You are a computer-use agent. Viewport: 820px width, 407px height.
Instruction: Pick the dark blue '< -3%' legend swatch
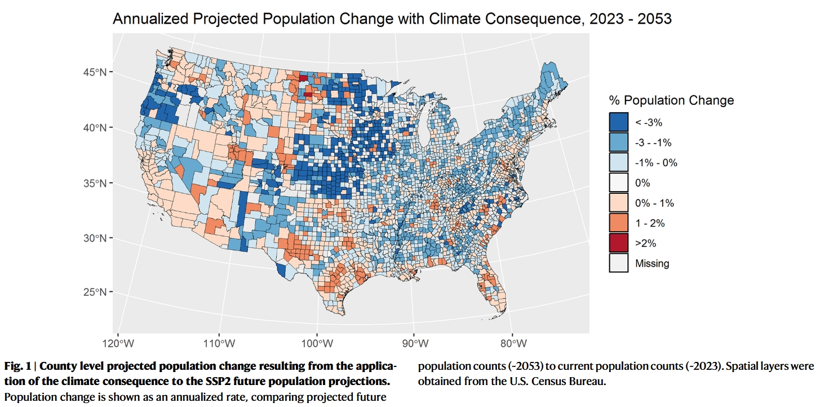pyautogui.click(x=618, y=122)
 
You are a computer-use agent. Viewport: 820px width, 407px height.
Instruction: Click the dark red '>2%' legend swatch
pyautogui.click(x=618, y=243)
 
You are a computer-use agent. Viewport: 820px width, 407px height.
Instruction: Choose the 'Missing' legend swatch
pyautogui.click(x=618, y=263)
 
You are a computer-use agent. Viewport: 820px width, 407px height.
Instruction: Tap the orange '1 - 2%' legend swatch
pyautogui.click(x=618, y=223)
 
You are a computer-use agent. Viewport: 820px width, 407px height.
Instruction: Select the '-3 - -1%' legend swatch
pyautogui.click(x=618, y=143)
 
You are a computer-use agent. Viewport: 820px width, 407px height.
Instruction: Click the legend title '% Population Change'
pyautogui.click(x=671, y=101)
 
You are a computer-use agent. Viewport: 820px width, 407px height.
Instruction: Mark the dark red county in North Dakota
pyautogui.click(x=303, y=78)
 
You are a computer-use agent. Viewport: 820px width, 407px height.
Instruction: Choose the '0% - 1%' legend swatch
pyautogui.click(x=618, y=203)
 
